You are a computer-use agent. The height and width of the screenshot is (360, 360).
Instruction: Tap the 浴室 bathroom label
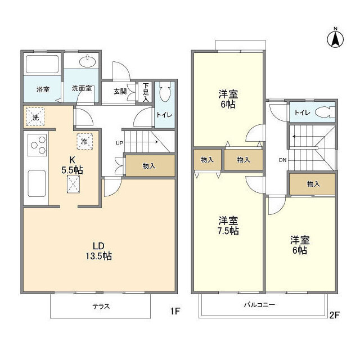[x=43, y=89]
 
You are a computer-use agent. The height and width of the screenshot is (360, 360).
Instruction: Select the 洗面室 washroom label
[x=82, y=89]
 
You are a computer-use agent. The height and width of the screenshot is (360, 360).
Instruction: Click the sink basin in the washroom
[x=88, y=61]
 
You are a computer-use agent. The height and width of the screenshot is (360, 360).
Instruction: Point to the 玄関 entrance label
[x=120, y=91]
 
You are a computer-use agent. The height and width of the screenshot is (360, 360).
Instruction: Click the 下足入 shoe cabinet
[x=146, y=92]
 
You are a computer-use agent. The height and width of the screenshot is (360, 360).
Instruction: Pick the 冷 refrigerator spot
[x=83, y=142]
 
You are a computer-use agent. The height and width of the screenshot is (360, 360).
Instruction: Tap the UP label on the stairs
[x=119, y=143]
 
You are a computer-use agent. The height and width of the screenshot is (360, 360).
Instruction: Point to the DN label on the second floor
[x=282, y=160]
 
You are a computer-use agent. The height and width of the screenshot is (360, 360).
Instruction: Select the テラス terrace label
[x=101, y=307]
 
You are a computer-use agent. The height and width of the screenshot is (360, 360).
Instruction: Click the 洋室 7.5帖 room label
[x=228, y=226]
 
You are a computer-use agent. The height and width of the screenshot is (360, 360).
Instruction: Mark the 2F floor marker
[x=334, y=315]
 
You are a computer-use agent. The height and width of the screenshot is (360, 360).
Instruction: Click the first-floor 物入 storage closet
[x=149, y=166]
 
